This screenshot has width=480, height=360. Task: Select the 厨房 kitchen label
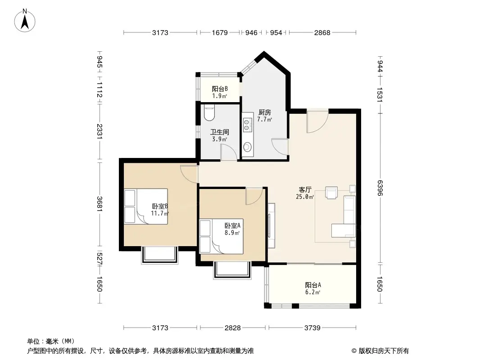pos(264,116)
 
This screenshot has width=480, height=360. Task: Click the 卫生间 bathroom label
pos(220,135)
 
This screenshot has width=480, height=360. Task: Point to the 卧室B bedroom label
pos(160,210)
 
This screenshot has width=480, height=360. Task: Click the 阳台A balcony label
pos(312,288)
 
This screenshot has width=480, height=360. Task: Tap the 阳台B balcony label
pos(220,92)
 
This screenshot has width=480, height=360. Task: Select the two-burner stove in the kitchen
pos(247,124)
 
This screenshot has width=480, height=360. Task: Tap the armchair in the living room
pos(332,193)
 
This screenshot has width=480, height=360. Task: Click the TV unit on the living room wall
pos(271,225)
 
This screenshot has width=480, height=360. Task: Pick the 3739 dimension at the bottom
pos(312,328)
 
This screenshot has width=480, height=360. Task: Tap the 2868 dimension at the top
pos(322,32)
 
